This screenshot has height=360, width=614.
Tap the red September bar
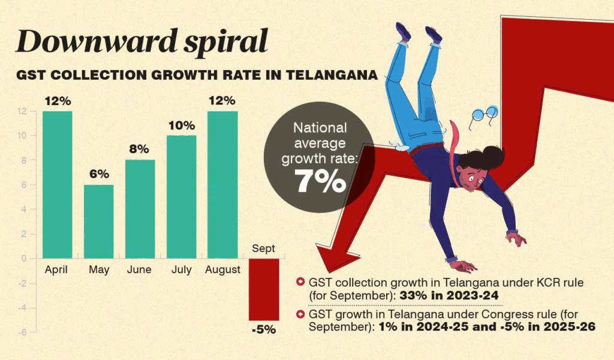[264, 289]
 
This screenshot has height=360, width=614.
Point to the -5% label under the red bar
[264, 329]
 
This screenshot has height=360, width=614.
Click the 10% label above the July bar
[182, 125]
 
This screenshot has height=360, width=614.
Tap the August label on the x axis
[222, 270]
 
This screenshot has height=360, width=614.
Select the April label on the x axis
[58, 270]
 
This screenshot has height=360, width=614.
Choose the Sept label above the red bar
[264, 247]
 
